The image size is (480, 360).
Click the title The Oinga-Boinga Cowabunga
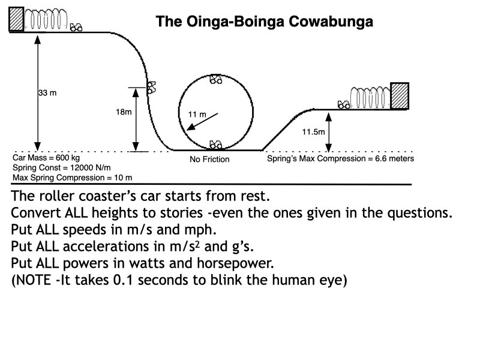click(264, 22)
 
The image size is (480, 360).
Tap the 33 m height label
click(47, 93)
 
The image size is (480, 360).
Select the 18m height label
click(124, 112)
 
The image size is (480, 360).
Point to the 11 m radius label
click(197, 113)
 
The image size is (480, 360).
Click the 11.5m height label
click(313, 131)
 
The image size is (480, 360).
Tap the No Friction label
click(209, 160)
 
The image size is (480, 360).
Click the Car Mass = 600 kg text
click(46, 158)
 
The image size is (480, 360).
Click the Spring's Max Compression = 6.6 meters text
click(340, 158)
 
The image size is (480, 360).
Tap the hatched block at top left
click(17, 19)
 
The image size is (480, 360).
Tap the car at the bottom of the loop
click(216, 145)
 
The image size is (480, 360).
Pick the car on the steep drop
click(152, 88)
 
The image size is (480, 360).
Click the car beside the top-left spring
click(76, 27)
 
